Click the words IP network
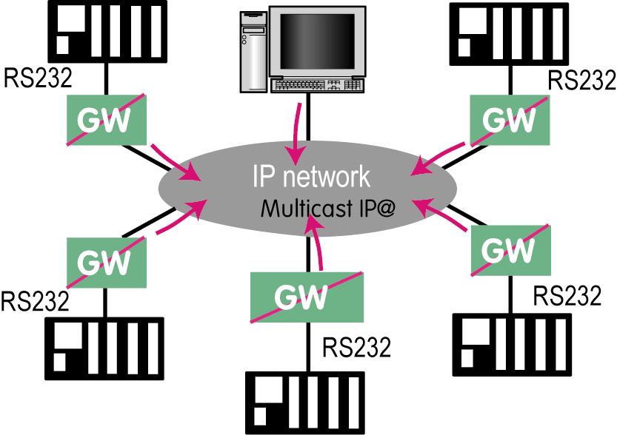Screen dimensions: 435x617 (x=310, y=178)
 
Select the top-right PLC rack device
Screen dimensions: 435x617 (x=512, y=30)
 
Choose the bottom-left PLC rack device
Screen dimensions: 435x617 (x=103, y=350)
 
